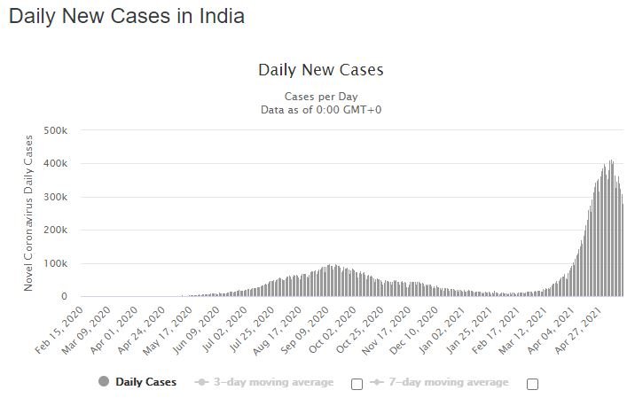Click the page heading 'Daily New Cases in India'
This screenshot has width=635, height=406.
[x=127, y=17]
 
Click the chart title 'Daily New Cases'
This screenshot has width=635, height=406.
[x=321, y=70]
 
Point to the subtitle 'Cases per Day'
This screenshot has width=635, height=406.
[x=321, y=97]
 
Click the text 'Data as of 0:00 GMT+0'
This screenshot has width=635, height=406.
[x=321, y=110]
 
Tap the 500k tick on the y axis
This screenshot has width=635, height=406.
[x=56, y=130]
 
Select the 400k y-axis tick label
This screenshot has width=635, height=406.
[x=56, y=163]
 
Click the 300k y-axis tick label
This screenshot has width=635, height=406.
[x=56, y=197]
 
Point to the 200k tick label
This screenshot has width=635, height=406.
[x=56, y=230]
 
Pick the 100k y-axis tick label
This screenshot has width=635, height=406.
[x=56, y=263]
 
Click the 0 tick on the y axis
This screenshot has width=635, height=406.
[x=64, y=297]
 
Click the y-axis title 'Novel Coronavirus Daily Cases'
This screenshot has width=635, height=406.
[x=28, y=213]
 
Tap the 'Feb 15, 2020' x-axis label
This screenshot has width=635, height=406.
[x=59, y=331]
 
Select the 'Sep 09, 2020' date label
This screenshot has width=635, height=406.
[x=304, y=331]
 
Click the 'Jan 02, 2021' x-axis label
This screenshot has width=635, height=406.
[x=442, y=331]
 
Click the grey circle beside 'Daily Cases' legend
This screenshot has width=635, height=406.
[x=104, y=381]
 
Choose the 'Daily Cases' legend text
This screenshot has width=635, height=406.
[x=145, y=382]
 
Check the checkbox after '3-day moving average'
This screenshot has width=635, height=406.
[x=357, y=384]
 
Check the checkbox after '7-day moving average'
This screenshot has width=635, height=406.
[x=532, y=384]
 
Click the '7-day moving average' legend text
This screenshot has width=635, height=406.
[x=448, y=382]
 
